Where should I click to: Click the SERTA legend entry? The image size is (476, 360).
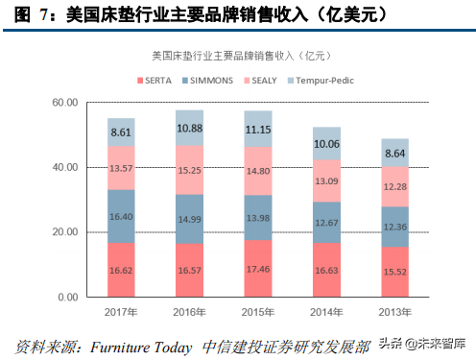pos(155,81)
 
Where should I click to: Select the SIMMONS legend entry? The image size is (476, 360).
pos(207,81)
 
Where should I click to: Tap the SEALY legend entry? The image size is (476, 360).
pos(260,81)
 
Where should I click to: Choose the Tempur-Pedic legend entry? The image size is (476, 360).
pos(321,81)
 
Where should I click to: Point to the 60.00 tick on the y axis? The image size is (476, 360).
pos(65,103)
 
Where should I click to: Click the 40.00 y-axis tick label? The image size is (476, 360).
pos(65,167)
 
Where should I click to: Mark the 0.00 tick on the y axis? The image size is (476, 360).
pos(68,297)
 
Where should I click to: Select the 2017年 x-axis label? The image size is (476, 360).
pos(121,312)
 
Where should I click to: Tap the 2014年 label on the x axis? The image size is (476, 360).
pos(326,312)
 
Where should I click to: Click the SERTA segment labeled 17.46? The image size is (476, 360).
pos(258,269)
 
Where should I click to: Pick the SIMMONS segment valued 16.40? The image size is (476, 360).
pos(121,216)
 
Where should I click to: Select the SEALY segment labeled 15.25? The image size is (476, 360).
pos(189,170)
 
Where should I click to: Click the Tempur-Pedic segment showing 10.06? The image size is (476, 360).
pos(326,143)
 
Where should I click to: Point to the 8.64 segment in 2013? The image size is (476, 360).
pos(395,153)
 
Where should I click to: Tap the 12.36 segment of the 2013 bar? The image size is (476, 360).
pos(395,227)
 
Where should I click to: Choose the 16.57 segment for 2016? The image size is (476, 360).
pos(189,270)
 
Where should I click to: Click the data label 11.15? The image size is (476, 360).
pos(258,130)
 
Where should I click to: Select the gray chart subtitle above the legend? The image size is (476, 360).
pos(241,56)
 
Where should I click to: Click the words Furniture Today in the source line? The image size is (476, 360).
pos(141,348)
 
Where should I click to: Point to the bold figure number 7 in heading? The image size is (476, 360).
pos(44,14)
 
